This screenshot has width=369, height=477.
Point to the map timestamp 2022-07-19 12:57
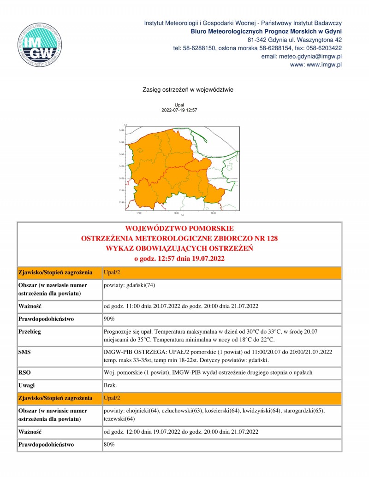(179, 111)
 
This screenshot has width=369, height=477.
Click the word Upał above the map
(179, 106)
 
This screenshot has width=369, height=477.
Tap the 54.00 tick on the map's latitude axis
(121, 178)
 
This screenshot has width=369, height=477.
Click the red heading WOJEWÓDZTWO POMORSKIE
(179, 229)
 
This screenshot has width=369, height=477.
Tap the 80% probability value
(109, 445)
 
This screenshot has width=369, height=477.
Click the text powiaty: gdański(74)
(130, 285)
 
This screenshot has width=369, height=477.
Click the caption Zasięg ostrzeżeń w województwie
(189, 89)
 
